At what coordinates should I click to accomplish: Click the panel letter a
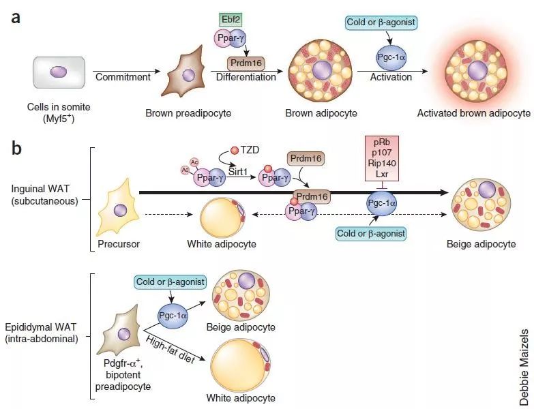(x=14, y=17)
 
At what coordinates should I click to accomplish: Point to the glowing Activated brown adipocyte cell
(x=476, y=70)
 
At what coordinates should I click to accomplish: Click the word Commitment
(x=122, y=76)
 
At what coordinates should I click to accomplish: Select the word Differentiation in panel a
(x=246, y=77)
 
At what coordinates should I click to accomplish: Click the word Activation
(x=391, y=77)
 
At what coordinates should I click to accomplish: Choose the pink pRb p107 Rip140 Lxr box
(x=386, y=159)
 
